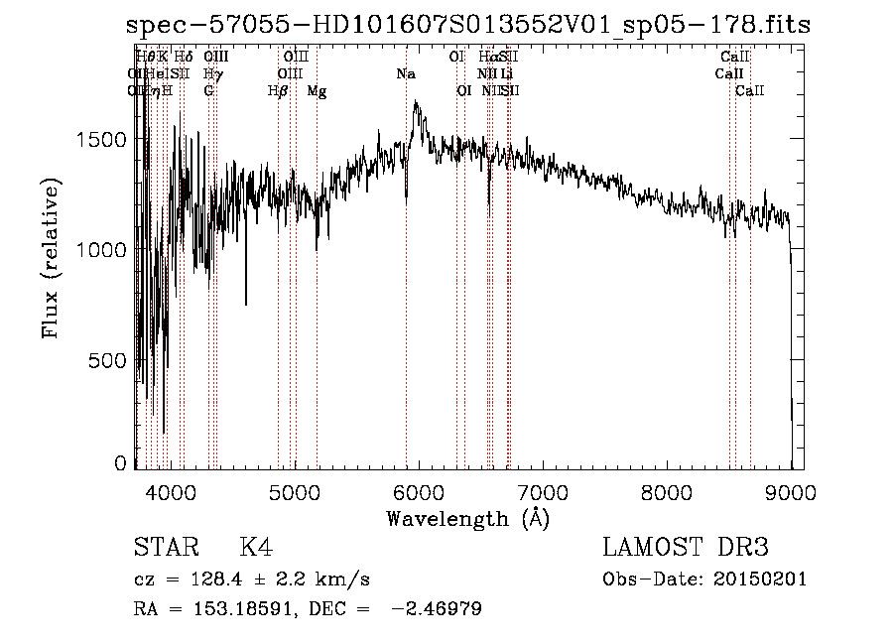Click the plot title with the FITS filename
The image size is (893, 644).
469,26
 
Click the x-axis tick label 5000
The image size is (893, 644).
293,491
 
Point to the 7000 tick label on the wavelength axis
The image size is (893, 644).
542,491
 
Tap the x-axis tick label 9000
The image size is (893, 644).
791,491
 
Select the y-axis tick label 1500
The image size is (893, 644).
102,140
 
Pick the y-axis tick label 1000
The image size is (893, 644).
102,250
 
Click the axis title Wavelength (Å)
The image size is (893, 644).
467,518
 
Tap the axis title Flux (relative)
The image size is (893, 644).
52,258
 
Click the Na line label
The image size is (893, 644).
405,74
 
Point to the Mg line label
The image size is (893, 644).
317,91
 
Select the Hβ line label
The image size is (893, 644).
278,91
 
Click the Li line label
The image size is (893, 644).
506,74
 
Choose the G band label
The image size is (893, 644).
208,91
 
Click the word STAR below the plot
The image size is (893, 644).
163,548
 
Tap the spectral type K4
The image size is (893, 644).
256,548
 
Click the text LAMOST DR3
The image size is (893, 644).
685,548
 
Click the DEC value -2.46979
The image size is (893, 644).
437,609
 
